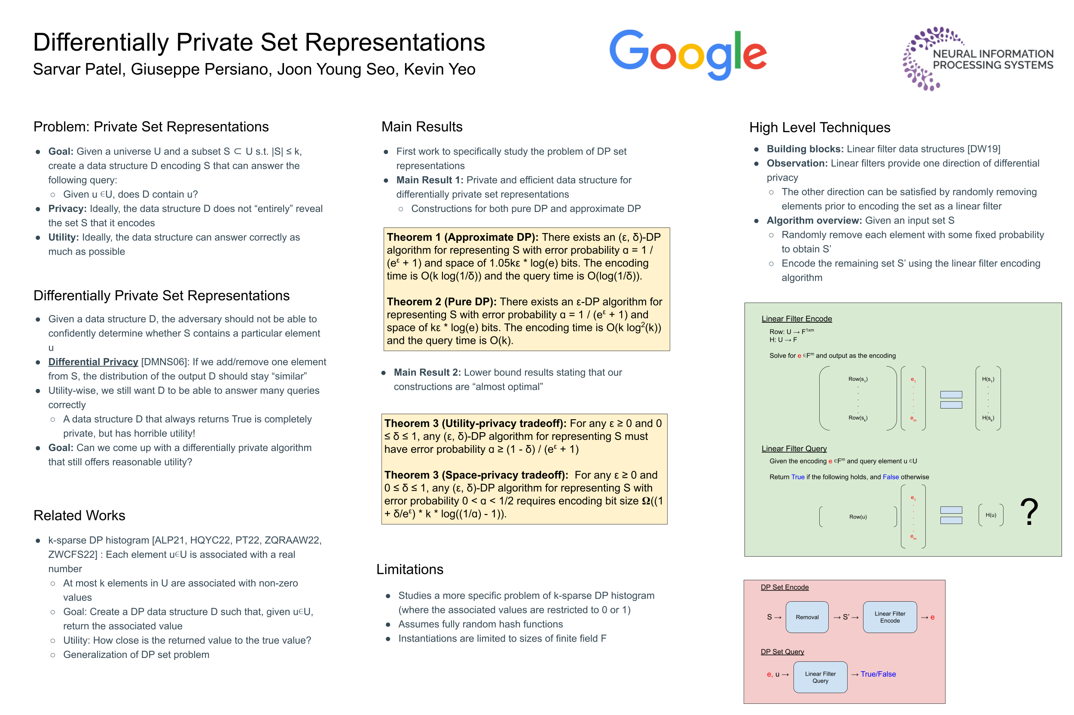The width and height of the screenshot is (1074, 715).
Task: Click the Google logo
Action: tap(687, 55)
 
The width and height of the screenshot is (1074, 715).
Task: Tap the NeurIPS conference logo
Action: tap(978, 59)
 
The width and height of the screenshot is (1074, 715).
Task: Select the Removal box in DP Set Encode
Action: tap(806, 617)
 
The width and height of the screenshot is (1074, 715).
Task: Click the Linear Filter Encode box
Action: tap(890, 617)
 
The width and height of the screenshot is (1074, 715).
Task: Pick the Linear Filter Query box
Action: tap(820, 677)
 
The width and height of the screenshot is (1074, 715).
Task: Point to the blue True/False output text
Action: tap(878, 674)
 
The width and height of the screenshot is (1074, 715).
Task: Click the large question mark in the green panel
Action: tap(1029, 512)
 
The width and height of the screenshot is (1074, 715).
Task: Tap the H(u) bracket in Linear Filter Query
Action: tap(991, 515)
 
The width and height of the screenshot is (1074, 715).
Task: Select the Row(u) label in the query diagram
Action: tap(857, 517)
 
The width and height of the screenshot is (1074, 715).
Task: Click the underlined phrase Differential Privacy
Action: tap(93, 362)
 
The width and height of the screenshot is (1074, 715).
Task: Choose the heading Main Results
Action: tap(422, 126)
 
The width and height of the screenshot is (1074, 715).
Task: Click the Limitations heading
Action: tap(409, 569)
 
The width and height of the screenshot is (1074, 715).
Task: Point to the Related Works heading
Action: tap(79, 515)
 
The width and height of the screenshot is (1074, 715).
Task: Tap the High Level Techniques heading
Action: tap(819, 127)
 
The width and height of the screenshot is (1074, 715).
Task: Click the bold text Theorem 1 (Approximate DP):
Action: tap(462, 237)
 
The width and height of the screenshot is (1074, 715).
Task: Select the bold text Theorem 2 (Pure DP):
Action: tap(441, 301)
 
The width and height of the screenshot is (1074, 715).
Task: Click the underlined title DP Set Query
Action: tap(782, 651)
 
